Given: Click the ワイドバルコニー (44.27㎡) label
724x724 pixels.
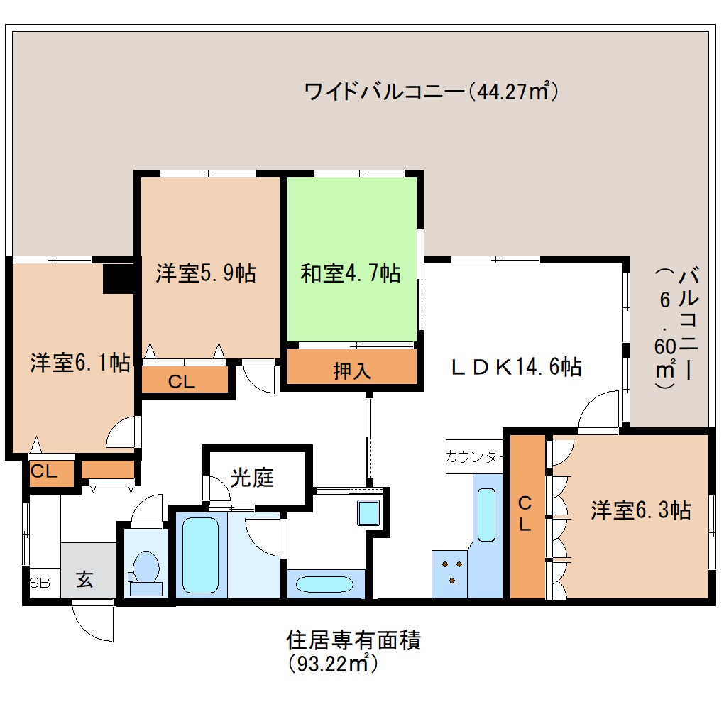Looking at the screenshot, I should click(x=429, y=92).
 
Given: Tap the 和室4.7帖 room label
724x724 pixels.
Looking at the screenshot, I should click(x=350, y=273).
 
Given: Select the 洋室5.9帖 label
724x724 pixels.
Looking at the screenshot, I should click(x=206, y=273).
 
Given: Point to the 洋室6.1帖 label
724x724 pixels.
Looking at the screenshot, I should click(x=79, y=363).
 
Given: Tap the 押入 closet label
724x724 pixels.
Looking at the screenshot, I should click(x=352, y=371).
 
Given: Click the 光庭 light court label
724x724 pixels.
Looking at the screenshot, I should click(x=252, y=478).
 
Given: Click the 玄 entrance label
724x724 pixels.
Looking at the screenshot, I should click(x=84, y=579).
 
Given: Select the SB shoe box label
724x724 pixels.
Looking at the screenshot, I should click(x=40, y=583).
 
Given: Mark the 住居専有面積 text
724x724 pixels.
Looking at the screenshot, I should click(x=353, y=640).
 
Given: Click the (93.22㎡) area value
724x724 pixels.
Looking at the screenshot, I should click(x=331, y=664).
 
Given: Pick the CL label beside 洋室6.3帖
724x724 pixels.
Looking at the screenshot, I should click(x=525, y=514).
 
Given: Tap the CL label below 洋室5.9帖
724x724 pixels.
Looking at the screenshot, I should click(x=182, y=381).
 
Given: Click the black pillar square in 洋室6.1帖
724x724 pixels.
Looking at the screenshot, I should click(x=119, y=278).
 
